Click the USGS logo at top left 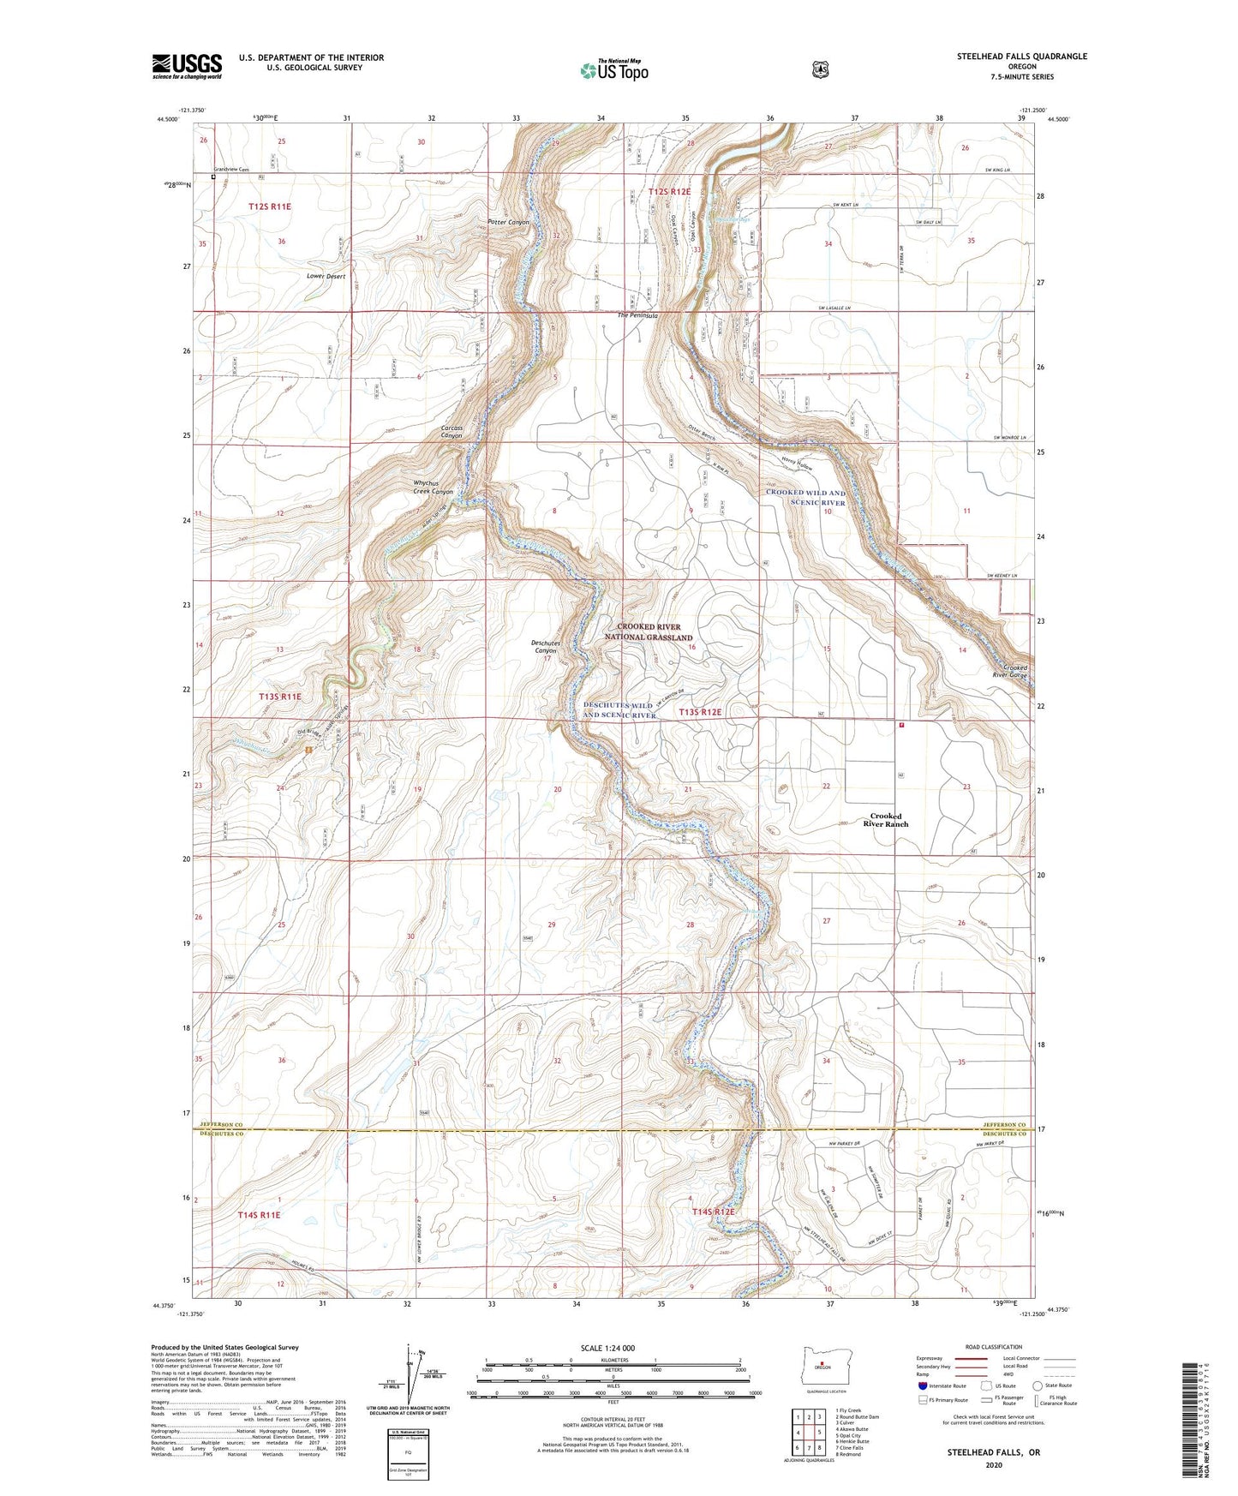tap(187, 66)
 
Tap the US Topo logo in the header tap(613, 70)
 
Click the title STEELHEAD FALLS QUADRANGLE tap(1021, 57)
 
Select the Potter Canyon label tap(508, 223)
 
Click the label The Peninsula tap(638, 316)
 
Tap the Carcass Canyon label tap(452, 432)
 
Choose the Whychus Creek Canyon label tap(433, 487)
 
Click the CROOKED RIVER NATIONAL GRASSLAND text tap(655, 632)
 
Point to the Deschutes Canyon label tap(546, 646)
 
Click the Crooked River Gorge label tap(1015, 671)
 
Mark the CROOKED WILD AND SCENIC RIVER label tap(805, 497)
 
